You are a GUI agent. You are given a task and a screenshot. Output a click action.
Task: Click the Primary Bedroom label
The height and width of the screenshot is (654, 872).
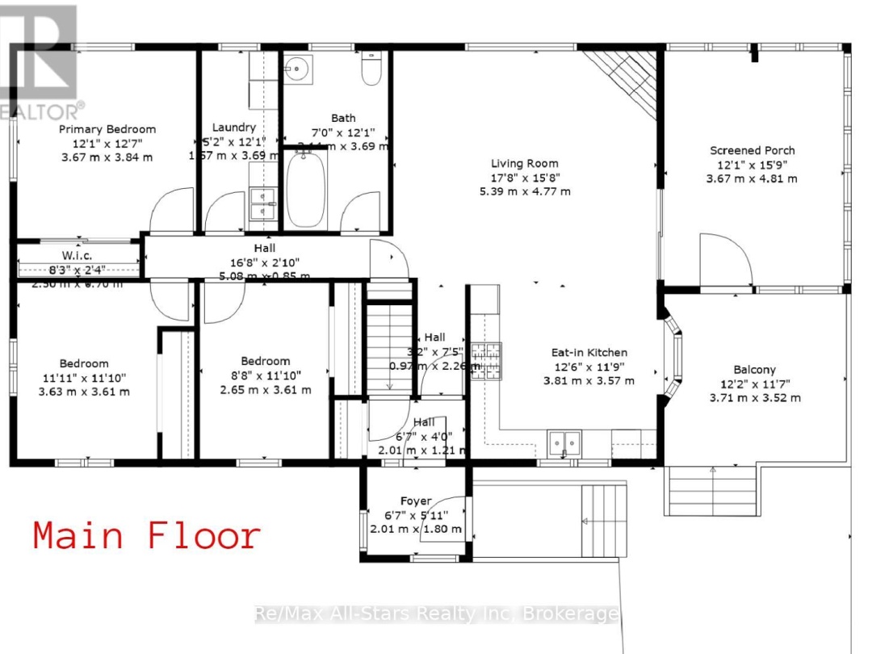[x=107, y=129]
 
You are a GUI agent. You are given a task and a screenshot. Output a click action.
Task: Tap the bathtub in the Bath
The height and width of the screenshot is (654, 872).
[x=306, y=189]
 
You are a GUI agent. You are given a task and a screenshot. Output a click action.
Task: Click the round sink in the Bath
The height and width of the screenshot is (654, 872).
[x=299, y=69]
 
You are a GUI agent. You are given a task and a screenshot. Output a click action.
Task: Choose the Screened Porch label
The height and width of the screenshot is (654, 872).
[x=752, y=150]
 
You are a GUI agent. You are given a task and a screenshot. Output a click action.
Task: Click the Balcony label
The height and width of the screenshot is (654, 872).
[x=755, y=370]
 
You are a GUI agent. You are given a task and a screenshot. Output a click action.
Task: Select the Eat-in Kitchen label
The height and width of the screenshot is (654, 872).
[x=589, y=352]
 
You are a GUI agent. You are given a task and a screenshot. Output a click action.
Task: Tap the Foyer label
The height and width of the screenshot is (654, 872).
[x=416, y=501]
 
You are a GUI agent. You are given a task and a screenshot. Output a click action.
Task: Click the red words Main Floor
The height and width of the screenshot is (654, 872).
[x=147, y=536]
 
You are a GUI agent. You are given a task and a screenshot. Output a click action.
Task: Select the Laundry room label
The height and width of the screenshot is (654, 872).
[x=234, y=127]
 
